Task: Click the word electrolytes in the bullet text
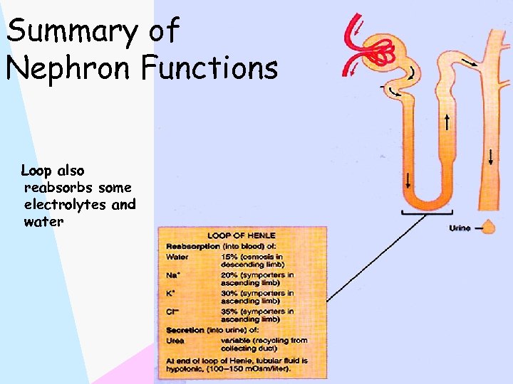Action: click(79, 205)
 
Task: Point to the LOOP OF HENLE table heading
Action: click(242, 235)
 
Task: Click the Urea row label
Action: click(175, 340)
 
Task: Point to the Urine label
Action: click(460, 228)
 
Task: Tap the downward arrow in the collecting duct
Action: click(492, 155)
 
